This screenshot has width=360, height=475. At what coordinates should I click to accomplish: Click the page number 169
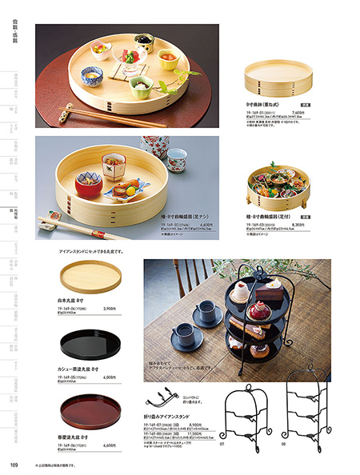coord(14,465)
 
